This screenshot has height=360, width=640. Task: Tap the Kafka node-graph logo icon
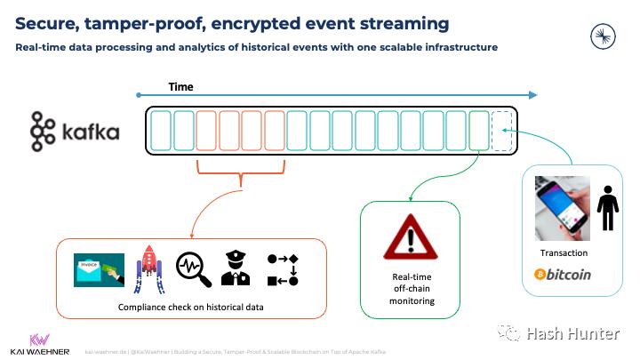42,132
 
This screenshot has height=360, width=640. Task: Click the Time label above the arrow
180,87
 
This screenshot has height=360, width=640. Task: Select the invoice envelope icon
99,268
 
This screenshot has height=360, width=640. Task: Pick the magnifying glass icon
193,269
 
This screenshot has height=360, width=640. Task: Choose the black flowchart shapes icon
282,269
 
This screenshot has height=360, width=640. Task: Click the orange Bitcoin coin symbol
540,275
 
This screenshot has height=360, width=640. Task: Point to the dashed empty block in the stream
502,130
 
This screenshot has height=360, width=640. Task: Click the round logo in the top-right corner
604,36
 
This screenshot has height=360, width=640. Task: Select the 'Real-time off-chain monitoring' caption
410,289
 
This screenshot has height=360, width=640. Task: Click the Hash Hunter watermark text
572,333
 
